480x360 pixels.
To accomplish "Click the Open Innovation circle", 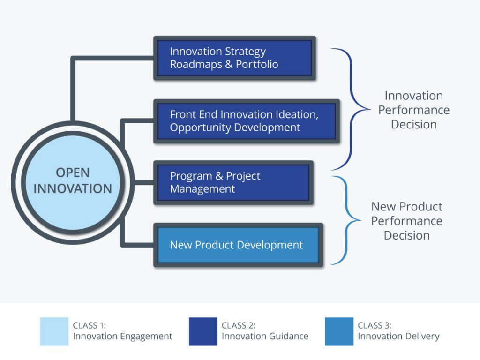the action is [73, 182].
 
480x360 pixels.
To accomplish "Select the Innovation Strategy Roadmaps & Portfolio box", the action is [234, 58].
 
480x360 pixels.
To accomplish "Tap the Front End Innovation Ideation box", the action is [247, 121].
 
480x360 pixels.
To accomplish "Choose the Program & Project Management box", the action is [233, 183].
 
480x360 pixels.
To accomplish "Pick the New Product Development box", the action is [238, 245].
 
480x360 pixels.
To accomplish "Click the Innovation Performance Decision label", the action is [414, 110].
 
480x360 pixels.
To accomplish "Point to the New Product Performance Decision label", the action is [407, 221].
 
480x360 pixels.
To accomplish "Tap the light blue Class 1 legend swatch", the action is [54, 331].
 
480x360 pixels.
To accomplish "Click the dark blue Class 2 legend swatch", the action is [203, 331].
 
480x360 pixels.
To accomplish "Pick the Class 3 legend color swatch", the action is [339, 331].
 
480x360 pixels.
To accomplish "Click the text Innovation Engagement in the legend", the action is [122, 337].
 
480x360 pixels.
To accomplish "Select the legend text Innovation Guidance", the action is [265, 336].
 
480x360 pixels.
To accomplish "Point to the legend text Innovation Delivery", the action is [398, 337].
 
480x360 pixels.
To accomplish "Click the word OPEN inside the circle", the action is [73, 172].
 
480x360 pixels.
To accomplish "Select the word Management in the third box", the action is [202, 189].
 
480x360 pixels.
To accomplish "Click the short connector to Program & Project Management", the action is [144, 183].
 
